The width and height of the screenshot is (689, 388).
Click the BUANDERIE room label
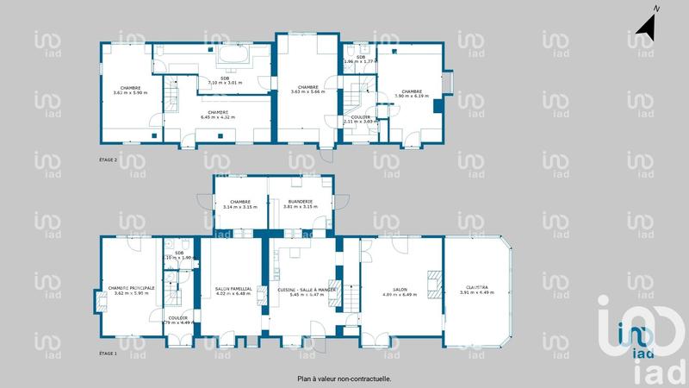[x=301, y=202]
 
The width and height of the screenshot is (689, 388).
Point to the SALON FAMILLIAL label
[x=233, y=289]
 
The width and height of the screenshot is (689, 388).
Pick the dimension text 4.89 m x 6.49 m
[x=400, y=294]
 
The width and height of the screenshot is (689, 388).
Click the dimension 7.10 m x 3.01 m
[x=225, y=83]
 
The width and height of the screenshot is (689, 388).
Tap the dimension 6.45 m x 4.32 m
[x=218, y=116]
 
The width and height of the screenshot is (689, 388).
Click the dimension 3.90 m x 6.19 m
[x=411, y=96]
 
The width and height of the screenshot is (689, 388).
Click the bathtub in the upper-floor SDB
[x=232, y=56]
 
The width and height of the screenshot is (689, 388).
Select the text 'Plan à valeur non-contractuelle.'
[x=344, y=378]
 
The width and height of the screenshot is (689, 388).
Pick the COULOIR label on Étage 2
[x=361, y=116]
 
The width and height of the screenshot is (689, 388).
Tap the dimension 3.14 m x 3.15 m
[x=239, y=207]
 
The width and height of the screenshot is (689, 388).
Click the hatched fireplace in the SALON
[x=437, y=283]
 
